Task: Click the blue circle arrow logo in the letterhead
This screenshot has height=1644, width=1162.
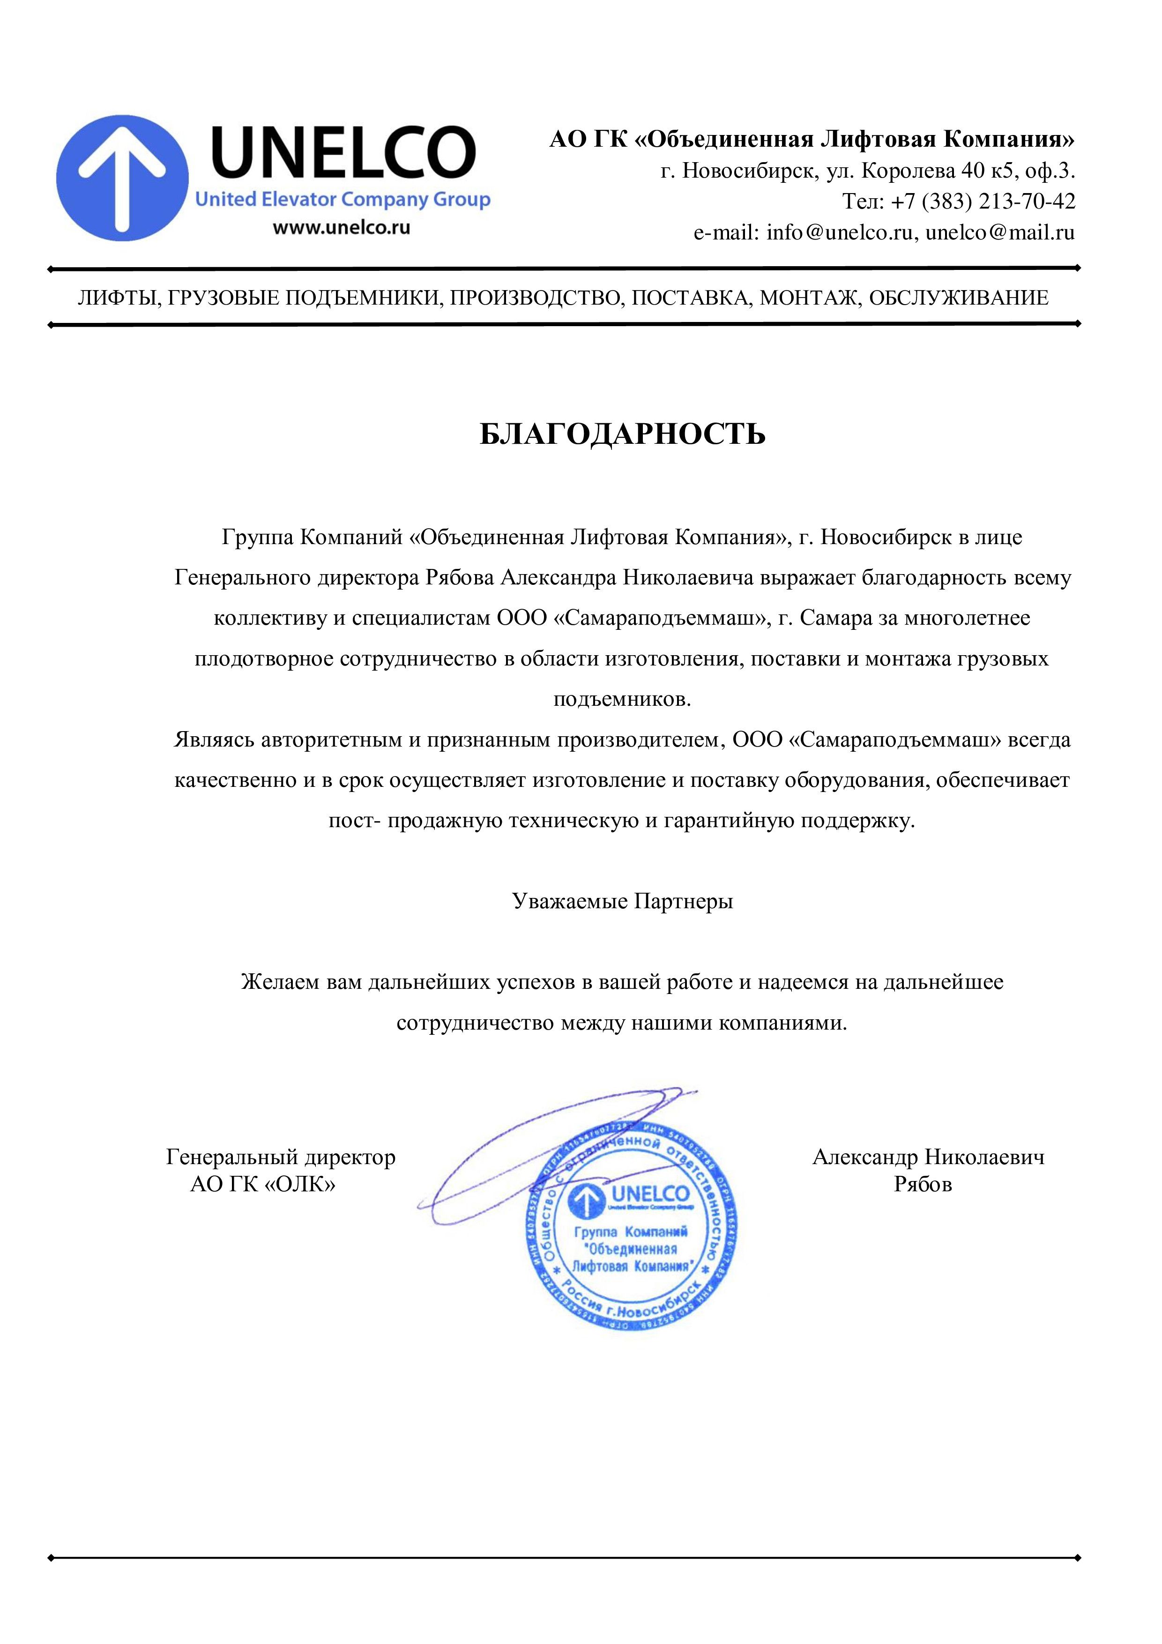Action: tap(122, 178)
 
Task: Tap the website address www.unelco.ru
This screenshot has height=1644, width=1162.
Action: tap(342, 228)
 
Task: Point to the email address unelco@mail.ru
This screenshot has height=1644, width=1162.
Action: tap(1000, 233)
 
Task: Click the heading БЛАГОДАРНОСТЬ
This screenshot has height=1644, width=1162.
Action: tap(622, 434)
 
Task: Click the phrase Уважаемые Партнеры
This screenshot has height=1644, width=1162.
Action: tap(622, 901)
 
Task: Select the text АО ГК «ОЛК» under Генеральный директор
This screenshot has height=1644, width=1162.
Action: tap(263, 1184)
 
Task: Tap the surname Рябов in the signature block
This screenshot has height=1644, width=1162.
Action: tap(923, 1184)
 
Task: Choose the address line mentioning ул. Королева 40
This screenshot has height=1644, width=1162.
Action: tap(868, 171)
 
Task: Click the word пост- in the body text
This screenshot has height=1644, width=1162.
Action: tap(354, 821)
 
